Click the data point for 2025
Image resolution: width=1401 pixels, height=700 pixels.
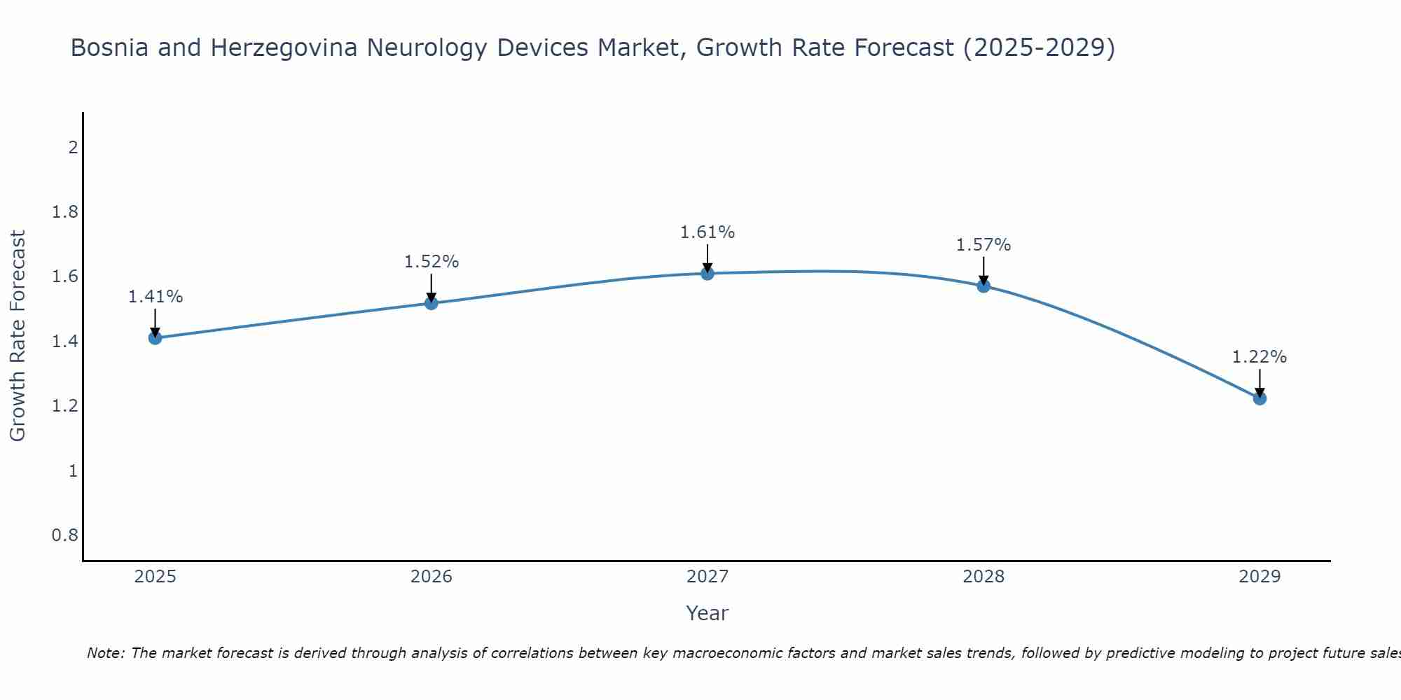click(156, 338)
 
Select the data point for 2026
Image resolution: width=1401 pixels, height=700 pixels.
click(432, 303)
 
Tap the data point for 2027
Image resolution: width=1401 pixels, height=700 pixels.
click(708, 274)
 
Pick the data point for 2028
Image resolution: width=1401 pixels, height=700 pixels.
click(984, 286)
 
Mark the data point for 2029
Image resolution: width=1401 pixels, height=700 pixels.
click(1259, 398)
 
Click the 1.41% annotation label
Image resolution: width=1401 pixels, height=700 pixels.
click(156, 297)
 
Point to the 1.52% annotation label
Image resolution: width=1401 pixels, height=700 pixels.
click(432, 262)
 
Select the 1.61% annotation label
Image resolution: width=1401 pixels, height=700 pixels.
click(708, 232)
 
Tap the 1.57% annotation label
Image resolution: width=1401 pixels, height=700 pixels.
click(984, 245)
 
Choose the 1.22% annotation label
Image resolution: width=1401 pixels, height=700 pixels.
click(1259, 357)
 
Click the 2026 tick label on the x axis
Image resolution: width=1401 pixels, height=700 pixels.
click(432, 577)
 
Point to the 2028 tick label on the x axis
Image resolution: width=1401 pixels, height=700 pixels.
click(984, 577)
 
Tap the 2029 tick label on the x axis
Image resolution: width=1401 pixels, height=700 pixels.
click(1259, 577)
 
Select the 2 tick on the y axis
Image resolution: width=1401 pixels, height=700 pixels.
click(72, 148)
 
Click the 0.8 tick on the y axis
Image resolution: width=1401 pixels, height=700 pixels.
click(65, 535)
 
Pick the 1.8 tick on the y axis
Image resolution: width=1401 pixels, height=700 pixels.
click(65, 212)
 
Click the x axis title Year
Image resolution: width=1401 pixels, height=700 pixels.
click(708, 613)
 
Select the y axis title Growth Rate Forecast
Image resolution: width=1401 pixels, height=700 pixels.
click(18, 335)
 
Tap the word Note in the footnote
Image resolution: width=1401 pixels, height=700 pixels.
click(105, 653)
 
